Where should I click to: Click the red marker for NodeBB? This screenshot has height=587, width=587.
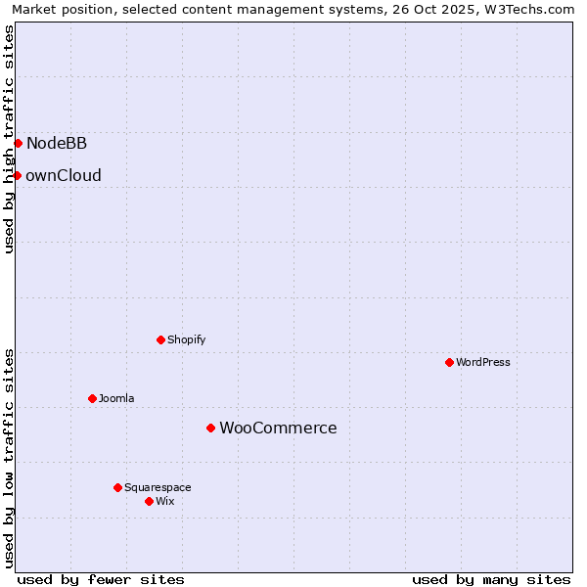pos(18,143)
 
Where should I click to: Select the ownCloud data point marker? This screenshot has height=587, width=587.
pos(17,175)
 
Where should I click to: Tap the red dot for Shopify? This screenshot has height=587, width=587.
pos(160,339)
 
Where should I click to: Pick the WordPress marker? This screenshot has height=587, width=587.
pos(449,362)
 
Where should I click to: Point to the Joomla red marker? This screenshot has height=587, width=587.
pos(92,398)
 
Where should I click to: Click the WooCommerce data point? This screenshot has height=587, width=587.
pos(210,428)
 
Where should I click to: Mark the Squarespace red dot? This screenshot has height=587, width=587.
pos(117,487)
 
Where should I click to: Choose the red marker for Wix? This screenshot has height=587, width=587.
pos(149,501)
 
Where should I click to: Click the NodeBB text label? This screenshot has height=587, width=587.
pos(57,144)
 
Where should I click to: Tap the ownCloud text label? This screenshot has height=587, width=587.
pos(64,176)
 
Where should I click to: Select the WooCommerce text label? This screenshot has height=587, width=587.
pos(278,429)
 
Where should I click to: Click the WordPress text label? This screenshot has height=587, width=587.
pos(483,363)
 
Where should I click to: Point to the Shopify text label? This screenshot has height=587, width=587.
pos(187,340)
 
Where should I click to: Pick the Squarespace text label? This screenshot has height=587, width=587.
pos(158,488)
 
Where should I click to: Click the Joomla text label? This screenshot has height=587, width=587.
pos(116,399)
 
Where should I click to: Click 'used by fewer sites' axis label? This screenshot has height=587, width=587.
pos(101,579)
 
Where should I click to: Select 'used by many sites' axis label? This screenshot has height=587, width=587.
pos(491,579)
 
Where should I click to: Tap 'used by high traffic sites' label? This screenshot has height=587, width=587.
pos(9,139)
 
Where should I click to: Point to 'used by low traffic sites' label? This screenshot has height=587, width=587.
pos(9,457)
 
